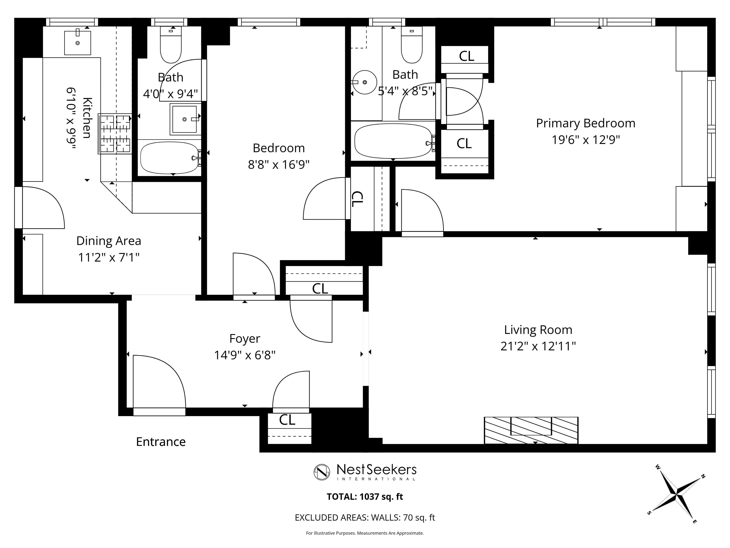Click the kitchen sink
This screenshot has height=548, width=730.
pyautogui.click(x=77, y=43)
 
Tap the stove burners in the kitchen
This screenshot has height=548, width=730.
pyautogui.click(x=115, y=134)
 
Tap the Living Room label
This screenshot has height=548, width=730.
pyautogui.click(x=538, y=330)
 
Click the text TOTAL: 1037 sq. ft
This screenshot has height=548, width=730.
pyautogui.click(x=365, y=497)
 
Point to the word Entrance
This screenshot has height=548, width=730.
pyautogui.click(x=161, y=442)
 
